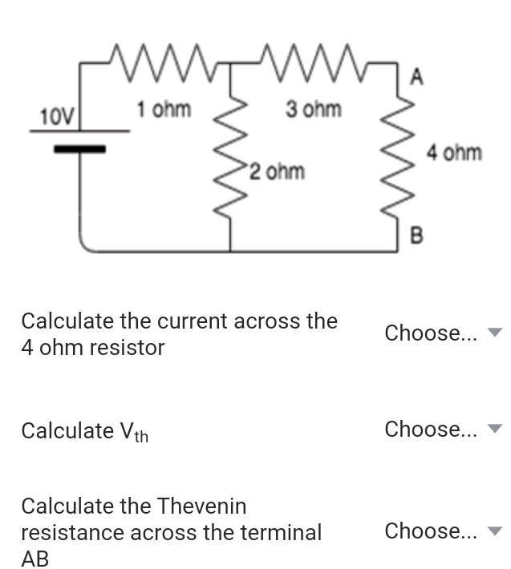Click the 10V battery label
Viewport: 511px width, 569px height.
tap(55, 117)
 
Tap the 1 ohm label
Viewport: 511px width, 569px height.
tap(163, 108)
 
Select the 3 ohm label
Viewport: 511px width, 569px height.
tap(313, 108)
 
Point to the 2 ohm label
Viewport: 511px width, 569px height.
tap(276, 172)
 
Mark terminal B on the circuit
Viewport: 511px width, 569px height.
tap(416, 234)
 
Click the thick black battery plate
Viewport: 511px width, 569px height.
tap(79, 148)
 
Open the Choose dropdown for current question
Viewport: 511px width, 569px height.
tap(441, 333)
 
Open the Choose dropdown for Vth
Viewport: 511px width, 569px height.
tap(441, 430)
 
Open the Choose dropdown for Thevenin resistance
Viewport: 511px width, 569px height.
tap(441, 531)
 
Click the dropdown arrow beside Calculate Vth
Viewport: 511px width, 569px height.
tap(495, 430)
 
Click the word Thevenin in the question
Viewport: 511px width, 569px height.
tap(201, 506)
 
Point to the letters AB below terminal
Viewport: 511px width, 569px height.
tap(34, 559)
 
